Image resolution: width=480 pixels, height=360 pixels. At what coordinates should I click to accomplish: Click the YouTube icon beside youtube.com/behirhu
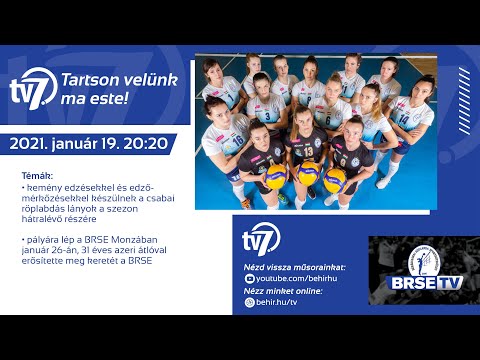click(249, 279)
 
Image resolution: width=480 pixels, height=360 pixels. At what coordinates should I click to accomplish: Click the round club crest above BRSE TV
click(418, 257)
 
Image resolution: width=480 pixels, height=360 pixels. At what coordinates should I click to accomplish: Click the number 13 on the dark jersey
click(308, 150)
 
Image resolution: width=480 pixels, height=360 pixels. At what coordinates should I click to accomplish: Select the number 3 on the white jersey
click(267, 117)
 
